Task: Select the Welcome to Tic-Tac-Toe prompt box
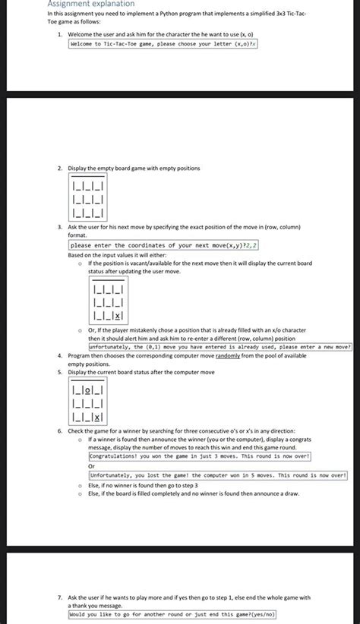pyautogui.click(x=163, y=45)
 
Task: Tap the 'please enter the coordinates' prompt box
pyautogui.click(x=163, y=246)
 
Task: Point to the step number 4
pyautogui.click(x=59, y=355)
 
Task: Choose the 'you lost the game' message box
pyautogui.click(x=212, y=475)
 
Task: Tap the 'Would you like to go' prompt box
pyautogui.click(x=172, y=614)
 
